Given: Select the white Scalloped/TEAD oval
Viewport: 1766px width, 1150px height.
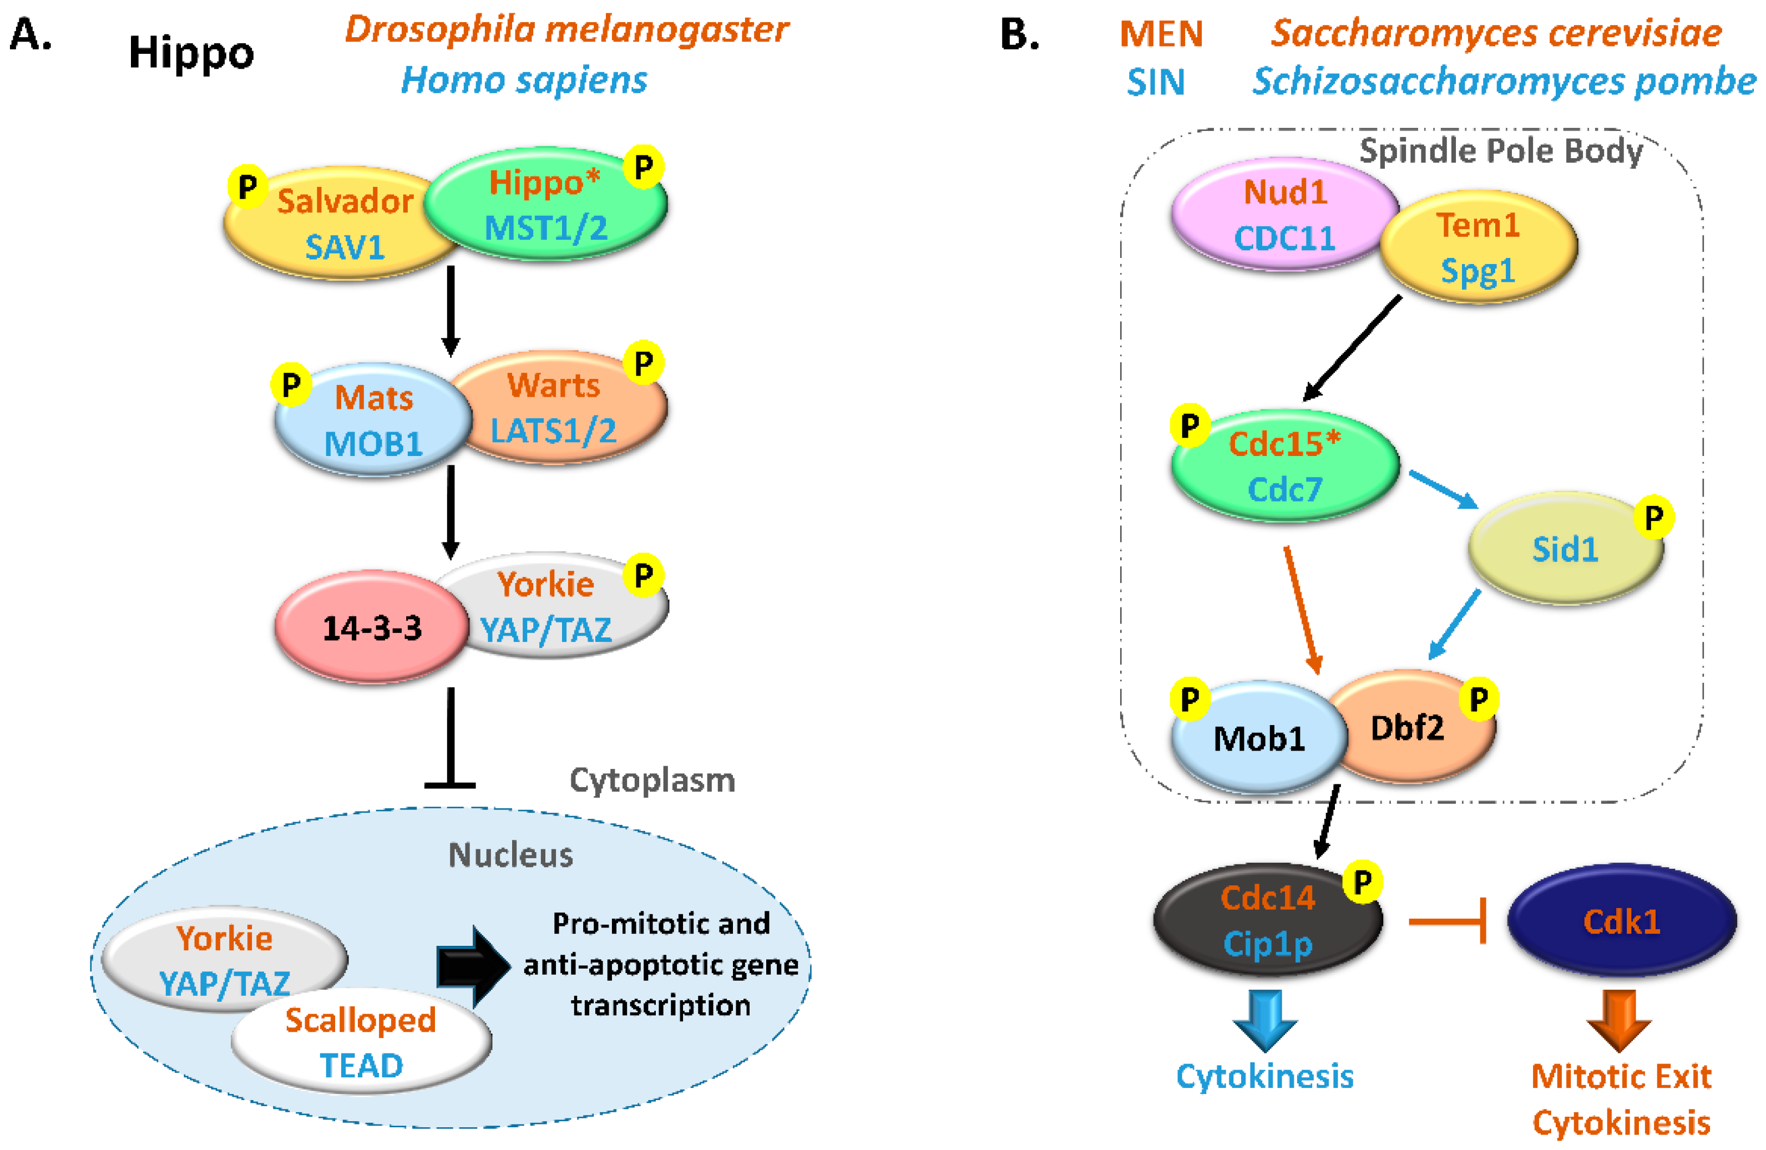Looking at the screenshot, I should tap(361, 1042).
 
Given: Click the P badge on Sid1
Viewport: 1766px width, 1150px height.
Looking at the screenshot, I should tap(1653, 517).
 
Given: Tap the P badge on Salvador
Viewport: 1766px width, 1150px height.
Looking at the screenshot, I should tap(247, 186).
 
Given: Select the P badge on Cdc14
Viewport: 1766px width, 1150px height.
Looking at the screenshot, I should tap(1362, 882).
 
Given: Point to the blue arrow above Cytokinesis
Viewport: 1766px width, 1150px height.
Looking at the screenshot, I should tap(1265, 1020).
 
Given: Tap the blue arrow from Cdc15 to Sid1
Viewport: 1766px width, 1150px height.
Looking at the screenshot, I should tap(1443, 490).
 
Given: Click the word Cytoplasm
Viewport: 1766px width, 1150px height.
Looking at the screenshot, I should tap(651, 781).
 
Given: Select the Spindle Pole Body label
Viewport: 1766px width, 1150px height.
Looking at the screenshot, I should tap(1500, 151).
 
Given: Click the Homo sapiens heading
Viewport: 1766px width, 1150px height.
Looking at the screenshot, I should tap(524, 80).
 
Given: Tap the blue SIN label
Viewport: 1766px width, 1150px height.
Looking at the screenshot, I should tap(1155, 82).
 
